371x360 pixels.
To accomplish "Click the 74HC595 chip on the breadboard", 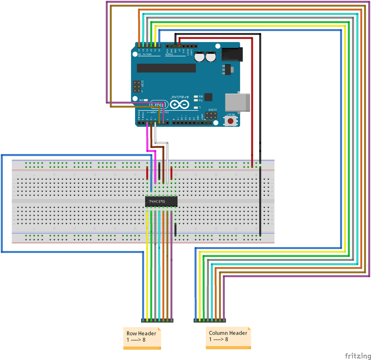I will pos(161,201).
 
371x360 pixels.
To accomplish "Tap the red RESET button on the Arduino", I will pos(231,121).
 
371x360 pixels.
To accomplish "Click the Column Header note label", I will pos(228,337).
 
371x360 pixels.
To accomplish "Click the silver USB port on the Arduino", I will pos(237,103).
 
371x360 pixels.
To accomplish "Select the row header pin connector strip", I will pos(157,320).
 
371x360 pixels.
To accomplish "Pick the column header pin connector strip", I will pos(210,320).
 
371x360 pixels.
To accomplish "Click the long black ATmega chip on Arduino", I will pos(166,68).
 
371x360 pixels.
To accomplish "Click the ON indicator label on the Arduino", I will pos(141,100).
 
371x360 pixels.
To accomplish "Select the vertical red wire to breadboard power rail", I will pos(252,98).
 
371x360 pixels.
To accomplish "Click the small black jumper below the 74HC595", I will pos(175,229).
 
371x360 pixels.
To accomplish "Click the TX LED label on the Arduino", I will pos(200,101).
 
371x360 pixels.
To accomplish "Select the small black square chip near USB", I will pos(208,97).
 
